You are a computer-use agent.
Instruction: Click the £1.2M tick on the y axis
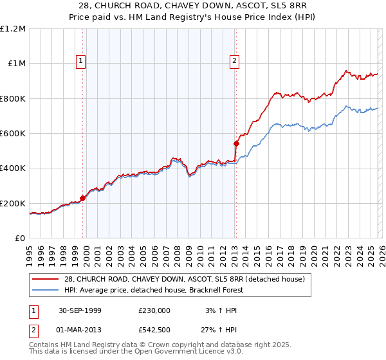(x=13, y=29)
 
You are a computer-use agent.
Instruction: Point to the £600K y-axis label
(x=13, y=134)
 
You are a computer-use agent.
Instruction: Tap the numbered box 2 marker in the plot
(x=234, y=61)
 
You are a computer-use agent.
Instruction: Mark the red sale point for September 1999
(x=83, y=199)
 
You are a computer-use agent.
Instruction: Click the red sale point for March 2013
(x=236, y=143)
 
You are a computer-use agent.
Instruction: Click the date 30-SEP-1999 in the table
(x=79, y=310)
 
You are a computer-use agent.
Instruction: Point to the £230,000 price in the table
(x=154, y=310)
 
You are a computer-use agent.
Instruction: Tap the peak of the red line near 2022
(x=346, y=71)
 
